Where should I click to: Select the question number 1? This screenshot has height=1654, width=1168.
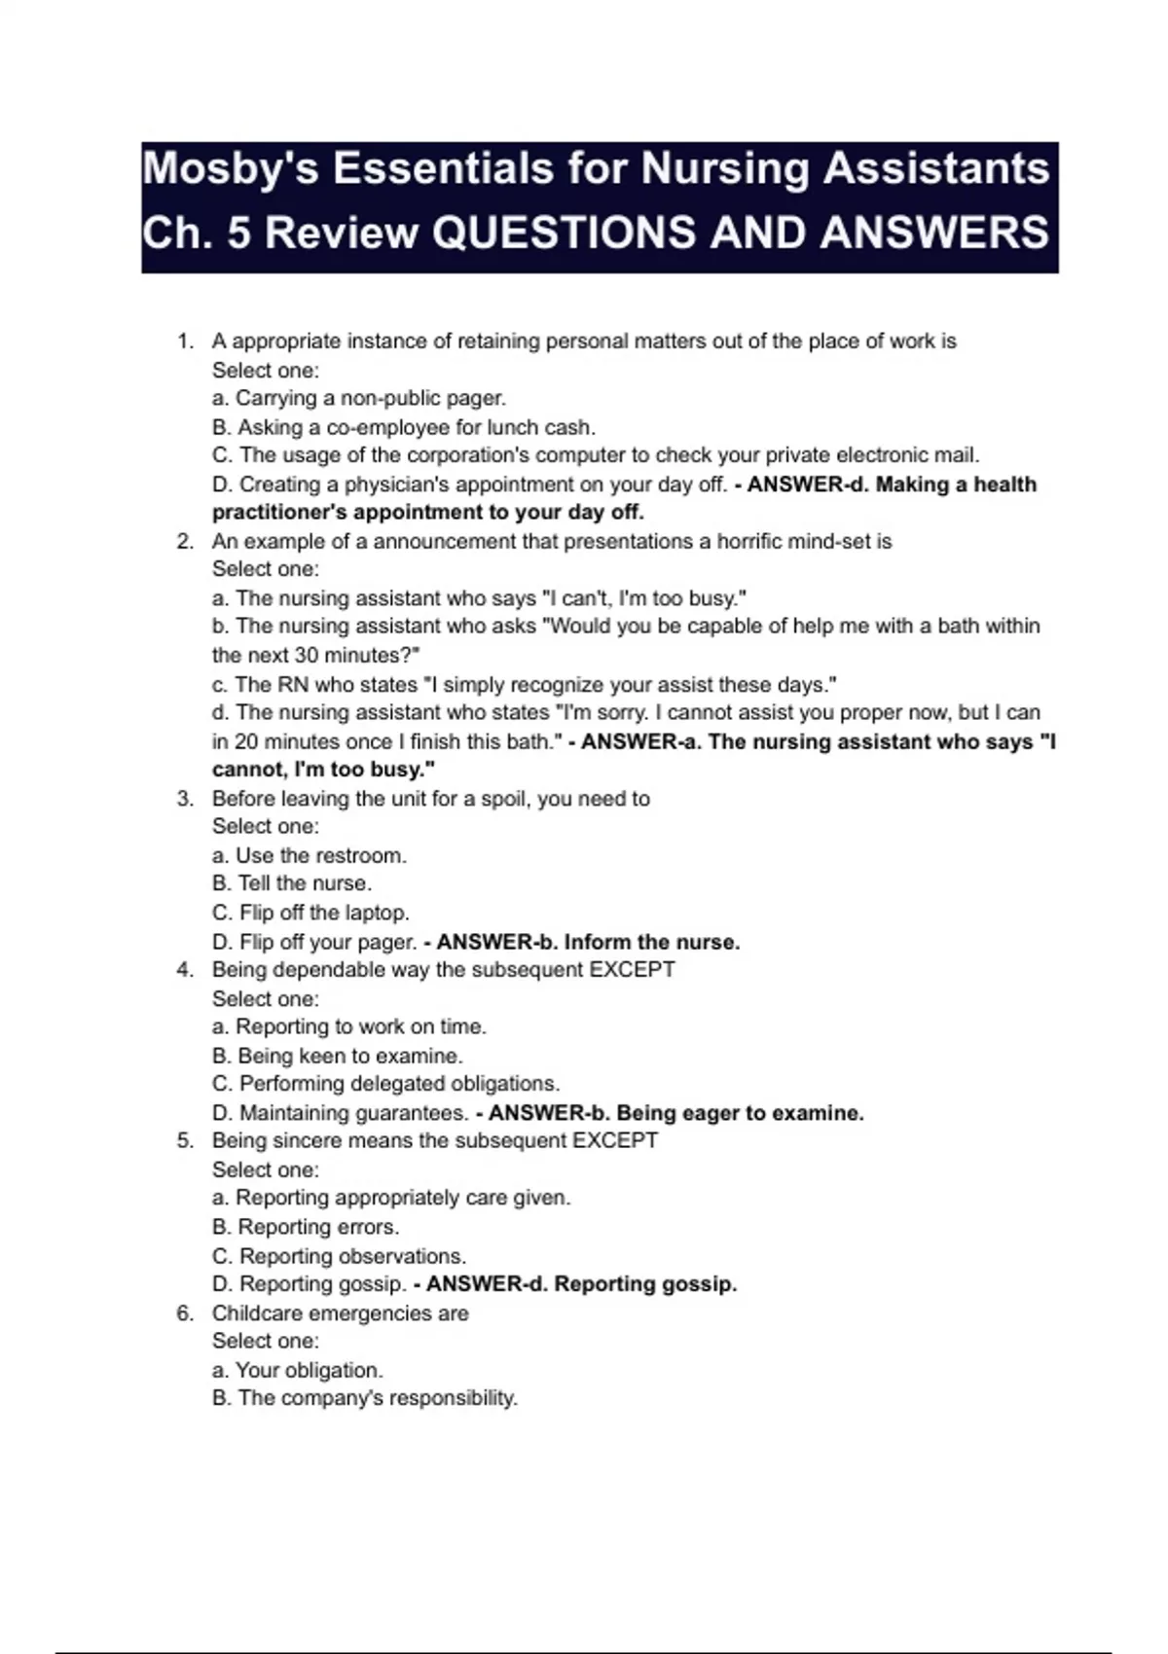185,342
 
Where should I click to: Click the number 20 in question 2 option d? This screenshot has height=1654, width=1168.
245,741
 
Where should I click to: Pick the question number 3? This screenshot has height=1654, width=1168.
185,799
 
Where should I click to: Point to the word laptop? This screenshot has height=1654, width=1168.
377,913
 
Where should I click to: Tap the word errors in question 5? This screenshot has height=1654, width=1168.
367,1227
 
